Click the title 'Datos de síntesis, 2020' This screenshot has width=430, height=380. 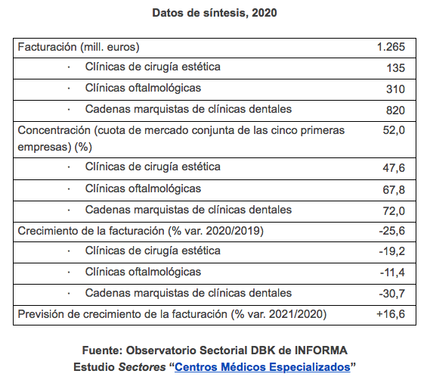[215, 13]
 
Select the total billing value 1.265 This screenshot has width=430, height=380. [391, 47]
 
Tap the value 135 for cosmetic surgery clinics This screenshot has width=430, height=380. [395, 68]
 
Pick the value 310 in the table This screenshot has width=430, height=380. [395, 89]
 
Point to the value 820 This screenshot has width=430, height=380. [395, 111]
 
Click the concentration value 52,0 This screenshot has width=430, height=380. [394, 130]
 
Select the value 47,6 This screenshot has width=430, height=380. [394, 167]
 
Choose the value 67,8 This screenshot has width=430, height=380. [394, 189]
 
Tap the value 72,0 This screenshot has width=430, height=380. [394, 210]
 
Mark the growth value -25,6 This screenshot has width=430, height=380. [392, 231]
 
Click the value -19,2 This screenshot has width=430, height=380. [392, 251]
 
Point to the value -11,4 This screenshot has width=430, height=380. [392, 273]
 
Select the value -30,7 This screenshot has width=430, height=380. [392, 294]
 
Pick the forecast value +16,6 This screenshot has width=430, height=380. [391, 314]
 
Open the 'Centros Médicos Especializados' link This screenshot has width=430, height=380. [263, 367]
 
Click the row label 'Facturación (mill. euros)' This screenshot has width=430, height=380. [79, 47]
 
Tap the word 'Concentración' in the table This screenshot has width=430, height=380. [54, 130]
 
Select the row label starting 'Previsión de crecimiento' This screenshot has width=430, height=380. [172, 314]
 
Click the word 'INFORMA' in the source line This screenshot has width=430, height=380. [321, 350]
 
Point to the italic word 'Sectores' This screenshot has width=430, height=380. [142, 367]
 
